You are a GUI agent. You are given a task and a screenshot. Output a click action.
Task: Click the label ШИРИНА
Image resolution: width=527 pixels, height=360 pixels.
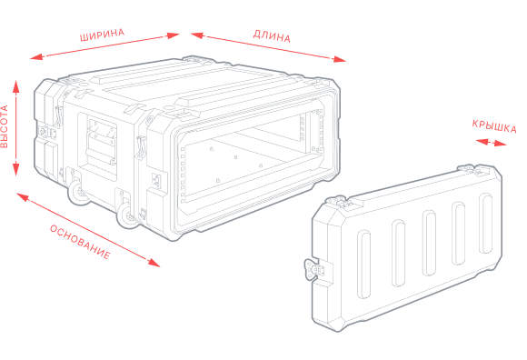[x=102, y=35]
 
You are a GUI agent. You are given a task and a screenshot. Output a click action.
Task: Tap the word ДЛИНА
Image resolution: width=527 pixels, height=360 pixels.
[x=272, y=36]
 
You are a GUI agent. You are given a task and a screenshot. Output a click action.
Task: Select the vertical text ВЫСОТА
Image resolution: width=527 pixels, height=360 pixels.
[x=4, y=126]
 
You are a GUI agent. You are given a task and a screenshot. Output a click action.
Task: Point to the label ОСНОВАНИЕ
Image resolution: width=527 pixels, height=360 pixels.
[x=80, y=242]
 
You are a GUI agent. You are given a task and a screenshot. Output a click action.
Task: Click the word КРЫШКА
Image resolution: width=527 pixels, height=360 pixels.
[x=494, y=126]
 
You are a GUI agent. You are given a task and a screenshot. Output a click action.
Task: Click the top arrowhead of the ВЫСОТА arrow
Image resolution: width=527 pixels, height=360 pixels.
[x=15, y=86]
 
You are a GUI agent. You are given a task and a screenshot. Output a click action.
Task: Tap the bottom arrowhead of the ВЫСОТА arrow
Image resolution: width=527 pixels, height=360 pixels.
[x=15, y=169]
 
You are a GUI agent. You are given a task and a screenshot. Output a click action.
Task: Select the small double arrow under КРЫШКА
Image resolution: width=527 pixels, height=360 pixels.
[x=492, y=143]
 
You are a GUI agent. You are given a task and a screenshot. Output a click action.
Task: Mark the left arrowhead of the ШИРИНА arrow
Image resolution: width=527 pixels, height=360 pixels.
[x=36, y=56]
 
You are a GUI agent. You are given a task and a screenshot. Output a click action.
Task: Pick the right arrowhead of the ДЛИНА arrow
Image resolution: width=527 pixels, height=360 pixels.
[x=339, y=60]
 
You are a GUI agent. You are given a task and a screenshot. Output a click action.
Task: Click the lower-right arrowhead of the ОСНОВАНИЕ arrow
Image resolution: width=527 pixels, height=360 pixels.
[x=154, y=263]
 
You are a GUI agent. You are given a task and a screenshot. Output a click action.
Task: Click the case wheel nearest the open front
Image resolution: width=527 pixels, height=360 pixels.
[x=127, y=215]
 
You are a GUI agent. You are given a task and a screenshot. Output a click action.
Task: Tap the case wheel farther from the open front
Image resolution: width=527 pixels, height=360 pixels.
[x=79, y=192]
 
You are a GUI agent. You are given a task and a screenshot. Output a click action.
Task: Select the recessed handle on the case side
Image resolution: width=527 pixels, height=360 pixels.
[x=102, y=142]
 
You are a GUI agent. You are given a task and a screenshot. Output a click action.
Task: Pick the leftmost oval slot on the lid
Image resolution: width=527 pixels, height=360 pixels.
[x=363, y=265]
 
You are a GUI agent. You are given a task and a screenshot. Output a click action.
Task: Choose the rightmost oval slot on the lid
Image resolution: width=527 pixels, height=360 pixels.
[x=486, y=223]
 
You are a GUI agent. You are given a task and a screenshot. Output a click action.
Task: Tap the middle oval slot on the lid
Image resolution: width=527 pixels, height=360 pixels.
[x=429, y=243]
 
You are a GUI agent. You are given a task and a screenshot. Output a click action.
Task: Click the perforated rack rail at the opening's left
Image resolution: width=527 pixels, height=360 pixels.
[x=184, y=175]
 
